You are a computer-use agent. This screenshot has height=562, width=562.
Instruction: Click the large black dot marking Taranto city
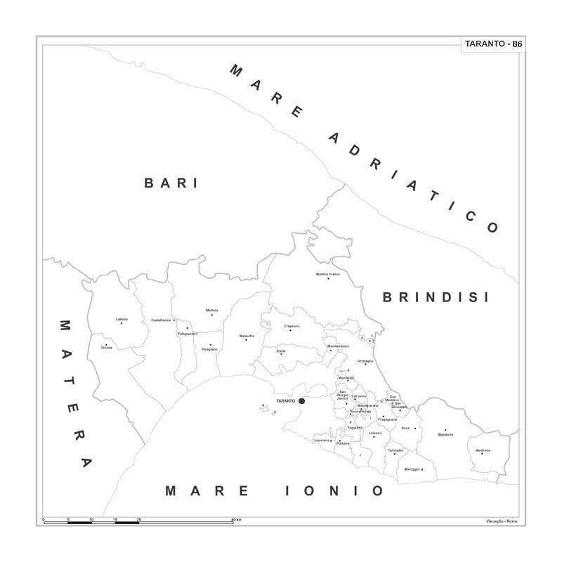click(301, 400)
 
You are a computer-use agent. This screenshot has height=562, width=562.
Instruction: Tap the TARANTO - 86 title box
click(492, 44)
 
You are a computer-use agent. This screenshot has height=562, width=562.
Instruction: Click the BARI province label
click(171, 183)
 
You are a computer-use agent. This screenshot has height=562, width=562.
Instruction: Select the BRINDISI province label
click(435, 297)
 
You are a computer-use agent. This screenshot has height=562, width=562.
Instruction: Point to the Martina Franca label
click(328, 274)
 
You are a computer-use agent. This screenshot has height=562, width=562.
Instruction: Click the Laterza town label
click(122, 319)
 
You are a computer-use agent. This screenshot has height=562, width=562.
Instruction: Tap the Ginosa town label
click(106, 348)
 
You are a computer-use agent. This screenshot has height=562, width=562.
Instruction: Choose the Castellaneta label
click(162, 320)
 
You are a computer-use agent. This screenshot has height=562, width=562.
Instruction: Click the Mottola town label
click(212, 311)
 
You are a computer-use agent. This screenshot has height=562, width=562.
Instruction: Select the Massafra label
click(246, 336)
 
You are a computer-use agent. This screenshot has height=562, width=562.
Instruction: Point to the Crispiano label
click(292, 326)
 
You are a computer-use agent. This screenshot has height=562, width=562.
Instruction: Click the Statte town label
click(281, 350)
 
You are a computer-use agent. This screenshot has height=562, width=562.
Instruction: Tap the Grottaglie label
click(365, 360)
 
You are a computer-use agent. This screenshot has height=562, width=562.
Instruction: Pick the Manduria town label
click(445, 435)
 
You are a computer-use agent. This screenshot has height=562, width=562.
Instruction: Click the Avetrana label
click(483, 450)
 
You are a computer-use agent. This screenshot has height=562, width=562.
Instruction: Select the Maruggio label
click(412, 469)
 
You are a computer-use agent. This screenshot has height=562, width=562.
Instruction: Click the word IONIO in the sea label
click(335, 490)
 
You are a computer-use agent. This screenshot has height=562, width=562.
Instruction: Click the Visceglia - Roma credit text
click(502, 521)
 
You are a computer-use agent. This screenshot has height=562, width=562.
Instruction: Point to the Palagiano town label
click(209, 349)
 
